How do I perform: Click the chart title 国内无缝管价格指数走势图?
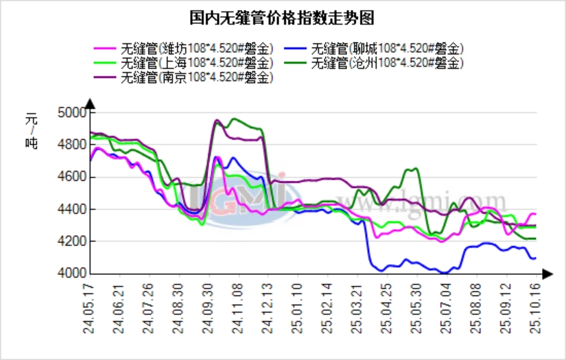pos(283,16)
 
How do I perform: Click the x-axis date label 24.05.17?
pos(89,309)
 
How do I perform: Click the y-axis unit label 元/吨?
pos(31,131)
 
